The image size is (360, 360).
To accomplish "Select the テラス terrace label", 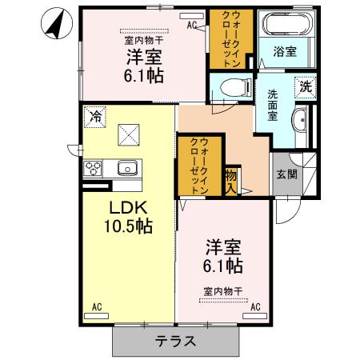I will [176, 341].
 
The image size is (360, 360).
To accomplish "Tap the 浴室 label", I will [285, 52].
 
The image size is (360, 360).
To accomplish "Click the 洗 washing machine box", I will [305, 86].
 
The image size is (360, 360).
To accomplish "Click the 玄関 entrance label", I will [286, 173].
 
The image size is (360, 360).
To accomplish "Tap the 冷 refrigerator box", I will [95, 117].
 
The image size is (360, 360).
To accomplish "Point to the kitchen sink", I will [128, 169].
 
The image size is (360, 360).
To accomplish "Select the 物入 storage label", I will [230, 182].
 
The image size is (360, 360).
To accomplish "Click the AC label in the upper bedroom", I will [193, 26].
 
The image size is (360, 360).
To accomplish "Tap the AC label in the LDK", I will [96, 306].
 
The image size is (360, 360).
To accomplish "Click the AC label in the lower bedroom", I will [256, 306].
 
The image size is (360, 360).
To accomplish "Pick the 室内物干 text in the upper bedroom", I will [142, 40].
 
